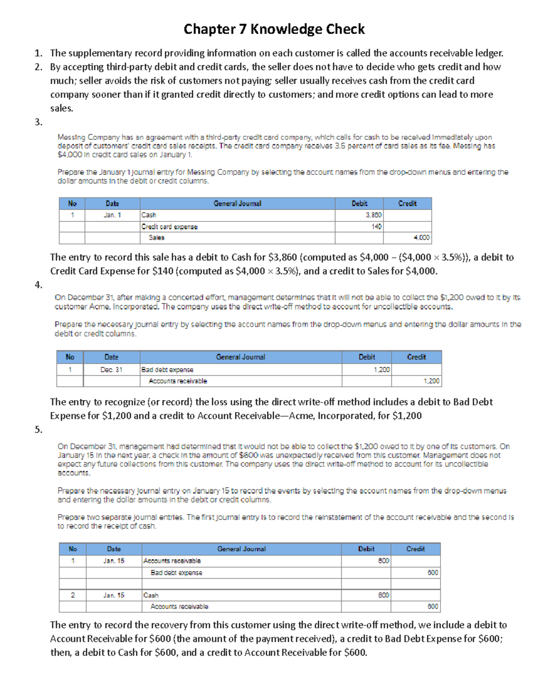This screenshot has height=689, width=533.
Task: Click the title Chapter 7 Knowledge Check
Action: [274, 29]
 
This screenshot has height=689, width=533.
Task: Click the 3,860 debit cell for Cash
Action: [359, 215]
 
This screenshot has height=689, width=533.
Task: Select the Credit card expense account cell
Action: [237, 227]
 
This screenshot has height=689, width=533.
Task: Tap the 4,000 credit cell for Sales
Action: [407, 238]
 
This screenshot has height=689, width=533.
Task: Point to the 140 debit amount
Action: [359, 227]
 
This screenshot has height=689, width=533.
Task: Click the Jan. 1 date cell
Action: [112, 215]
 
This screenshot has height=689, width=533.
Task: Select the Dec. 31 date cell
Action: [111, 370]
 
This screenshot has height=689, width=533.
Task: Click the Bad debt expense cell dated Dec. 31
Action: [241, 370]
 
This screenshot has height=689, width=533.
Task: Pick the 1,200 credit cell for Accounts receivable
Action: [416, 381]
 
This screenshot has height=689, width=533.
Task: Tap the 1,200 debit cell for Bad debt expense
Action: [366, 370]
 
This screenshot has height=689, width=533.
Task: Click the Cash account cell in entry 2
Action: [242, 595]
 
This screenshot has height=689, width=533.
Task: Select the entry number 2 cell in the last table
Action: [73, 595]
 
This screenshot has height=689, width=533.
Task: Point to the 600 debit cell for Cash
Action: [366, 595]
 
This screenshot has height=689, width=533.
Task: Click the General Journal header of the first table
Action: [237, 204]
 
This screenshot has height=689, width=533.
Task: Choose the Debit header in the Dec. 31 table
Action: [366, 357]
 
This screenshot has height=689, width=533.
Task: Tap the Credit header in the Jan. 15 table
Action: [415, 549]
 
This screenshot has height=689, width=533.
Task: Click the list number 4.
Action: [39, 285]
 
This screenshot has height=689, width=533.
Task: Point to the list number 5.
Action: [39, 429]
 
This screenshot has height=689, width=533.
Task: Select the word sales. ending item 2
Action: [61, 108]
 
